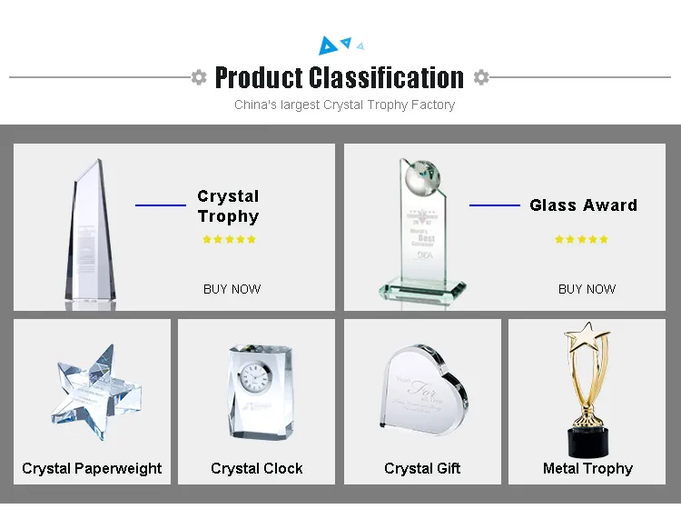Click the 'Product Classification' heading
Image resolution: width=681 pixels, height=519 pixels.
coord(340,77)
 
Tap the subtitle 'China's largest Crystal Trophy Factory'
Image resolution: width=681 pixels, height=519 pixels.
coord(344,105)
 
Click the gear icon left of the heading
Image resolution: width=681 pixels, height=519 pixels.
coord(199,77)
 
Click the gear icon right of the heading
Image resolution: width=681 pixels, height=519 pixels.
coord(481,77)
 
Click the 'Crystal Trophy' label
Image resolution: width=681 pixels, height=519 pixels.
coord(228,206)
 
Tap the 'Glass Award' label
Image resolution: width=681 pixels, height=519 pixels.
coord(583,205)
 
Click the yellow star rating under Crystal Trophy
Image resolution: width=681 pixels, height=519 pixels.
coord(229,240)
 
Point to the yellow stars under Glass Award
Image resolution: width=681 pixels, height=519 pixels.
coord(581,240)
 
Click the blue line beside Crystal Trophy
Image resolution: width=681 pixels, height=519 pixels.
coord(161,205)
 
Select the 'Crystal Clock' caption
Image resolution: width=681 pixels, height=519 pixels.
coord(257,468)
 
